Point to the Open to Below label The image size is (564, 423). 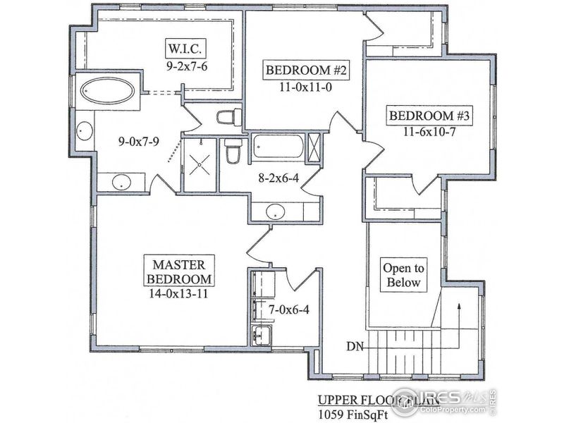[403, 275]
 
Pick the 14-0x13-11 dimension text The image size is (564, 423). [178, 295]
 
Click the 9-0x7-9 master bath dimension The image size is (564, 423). [138, 140]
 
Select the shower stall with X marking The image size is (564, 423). [200, 164]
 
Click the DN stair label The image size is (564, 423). [356, 346]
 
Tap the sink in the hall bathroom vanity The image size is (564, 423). [275, 211]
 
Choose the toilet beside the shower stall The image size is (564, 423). [233, 152]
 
